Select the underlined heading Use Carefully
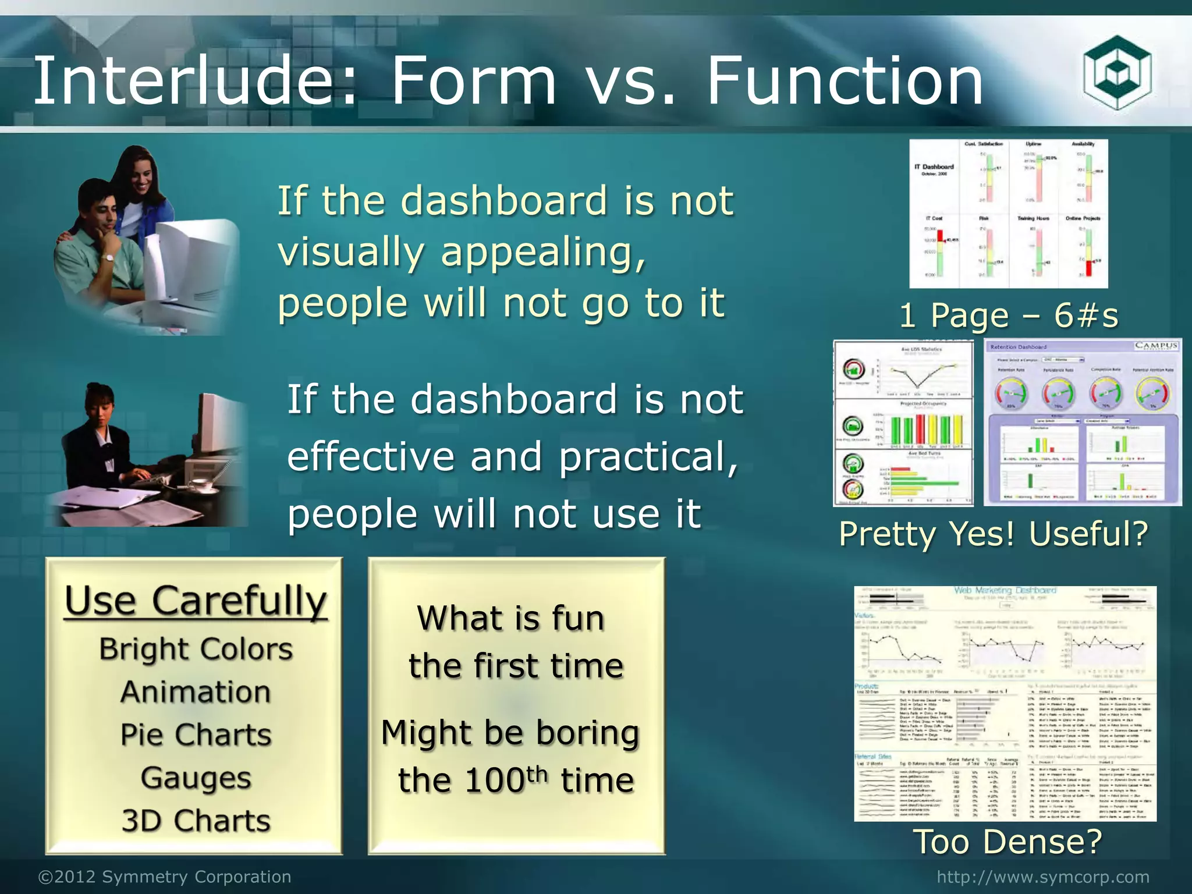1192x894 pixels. (x=196, y=601)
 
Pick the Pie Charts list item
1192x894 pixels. (x=196, y=735)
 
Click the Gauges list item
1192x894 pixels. (x=196, y=778)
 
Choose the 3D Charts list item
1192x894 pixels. (x=196, y=821)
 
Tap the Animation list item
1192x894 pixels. (x=196, y=692)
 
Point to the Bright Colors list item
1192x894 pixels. (x=196, y=649)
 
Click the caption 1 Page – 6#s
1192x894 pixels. (x=1009, y=316)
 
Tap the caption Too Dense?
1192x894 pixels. (x=1008, y=841)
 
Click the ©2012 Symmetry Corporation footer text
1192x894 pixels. (x=165, y=877)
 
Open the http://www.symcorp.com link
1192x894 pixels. (x=1043, y=877)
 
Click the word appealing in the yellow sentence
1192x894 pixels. (x=542, y=253)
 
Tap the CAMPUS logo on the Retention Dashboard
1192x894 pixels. (x=1156, y=346)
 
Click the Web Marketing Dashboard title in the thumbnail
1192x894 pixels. (x=1005, y=590)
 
